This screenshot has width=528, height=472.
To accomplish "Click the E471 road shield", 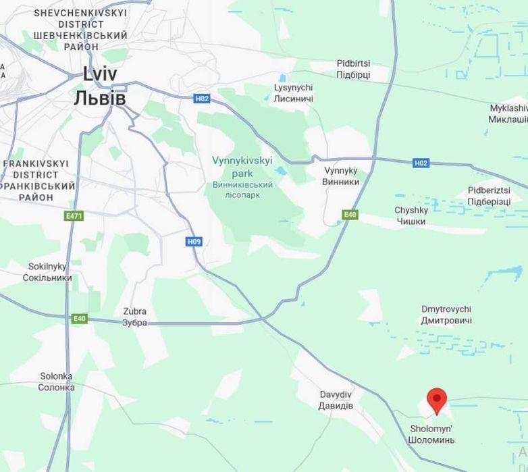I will [x=74, y=216].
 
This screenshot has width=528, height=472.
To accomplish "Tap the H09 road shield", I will [x=194, y=241].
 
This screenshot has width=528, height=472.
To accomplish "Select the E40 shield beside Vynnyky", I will [x=349, y=215].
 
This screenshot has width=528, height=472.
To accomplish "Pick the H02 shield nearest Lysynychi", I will [x=202, y=99].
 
